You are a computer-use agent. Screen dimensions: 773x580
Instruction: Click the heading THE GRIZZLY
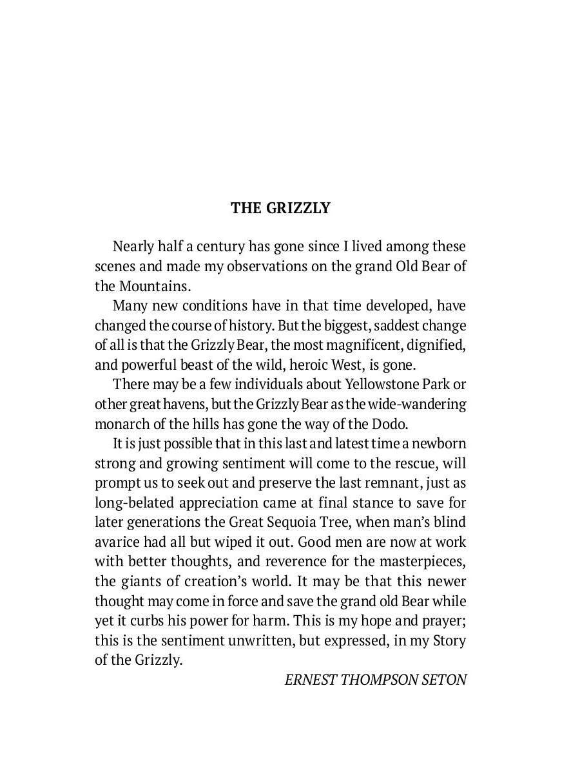pyautogui.click(x=280, y=208)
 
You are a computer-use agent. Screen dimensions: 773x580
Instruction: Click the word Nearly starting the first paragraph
pyautogui.click(x=135, y=247)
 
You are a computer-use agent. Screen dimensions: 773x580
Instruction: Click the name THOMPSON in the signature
pyautogui.click(x=380, y=680)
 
